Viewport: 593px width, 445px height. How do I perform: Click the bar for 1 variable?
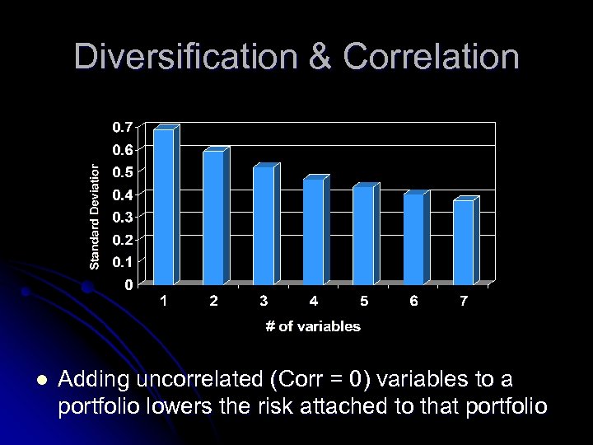(x=163, y=206)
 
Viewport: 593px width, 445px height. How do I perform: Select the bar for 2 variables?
(x=213, y=218)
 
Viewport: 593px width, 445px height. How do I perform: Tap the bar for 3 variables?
(x=263, y=225)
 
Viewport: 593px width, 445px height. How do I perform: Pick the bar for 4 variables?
(x=313, y=231)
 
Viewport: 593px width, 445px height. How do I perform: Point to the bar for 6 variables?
(x=413, y=239)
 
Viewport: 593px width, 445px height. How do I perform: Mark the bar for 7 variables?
(x=463, y=241)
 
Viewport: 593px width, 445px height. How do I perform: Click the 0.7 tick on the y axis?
(x=122, y=127)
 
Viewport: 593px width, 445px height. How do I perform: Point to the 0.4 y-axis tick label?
(x=122, y=194)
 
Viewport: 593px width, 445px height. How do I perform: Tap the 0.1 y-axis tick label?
(x=122, y=262)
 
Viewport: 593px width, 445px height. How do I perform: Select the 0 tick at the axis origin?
(x=128, y=285)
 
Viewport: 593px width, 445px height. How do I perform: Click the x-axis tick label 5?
(x=363, y=302)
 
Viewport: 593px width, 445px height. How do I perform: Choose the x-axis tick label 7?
(x=464, y=302)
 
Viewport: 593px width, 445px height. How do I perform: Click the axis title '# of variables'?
(x=313, y=326)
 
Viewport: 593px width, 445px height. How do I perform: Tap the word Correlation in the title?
(x=432, y=58)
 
